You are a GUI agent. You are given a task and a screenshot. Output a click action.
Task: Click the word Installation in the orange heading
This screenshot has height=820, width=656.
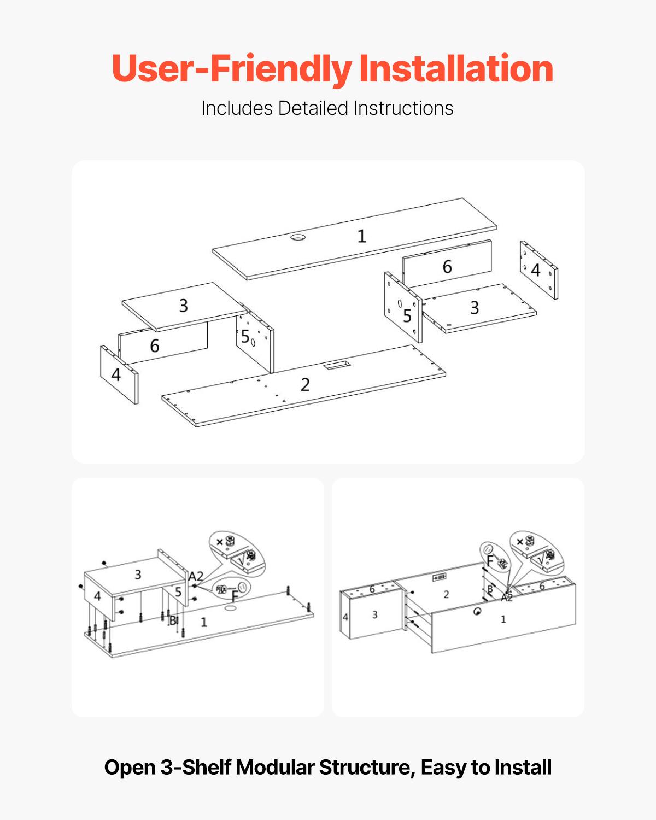pyautogui.click(x=456, y=69)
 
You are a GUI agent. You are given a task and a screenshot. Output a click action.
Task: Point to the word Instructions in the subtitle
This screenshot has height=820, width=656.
pyautogui.click(x=403, y=108)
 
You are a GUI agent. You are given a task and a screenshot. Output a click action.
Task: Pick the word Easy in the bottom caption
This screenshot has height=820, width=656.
pyautogui.click(x=443, y=768)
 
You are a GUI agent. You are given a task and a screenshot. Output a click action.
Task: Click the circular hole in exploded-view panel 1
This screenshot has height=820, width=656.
pyautogui.click(x=298, y=238)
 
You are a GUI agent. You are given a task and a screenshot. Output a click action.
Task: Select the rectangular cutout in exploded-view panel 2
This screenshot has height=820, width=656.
pyautogui.click(x=334, y=365)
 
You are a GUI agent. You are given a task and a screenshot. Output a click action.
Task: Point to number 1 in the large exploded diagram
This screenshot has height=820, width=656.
pyautogui.click(x=361, y=236)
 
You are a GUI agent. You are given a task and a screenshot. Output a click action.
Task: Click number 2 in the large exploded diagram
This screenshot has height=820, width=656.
pyautogui.click(x=305, y=385)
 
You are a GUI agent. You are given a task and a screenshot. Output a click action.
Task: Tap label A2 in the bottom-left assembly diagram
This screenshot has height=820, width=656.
pyautogui.click(x=196, y=576)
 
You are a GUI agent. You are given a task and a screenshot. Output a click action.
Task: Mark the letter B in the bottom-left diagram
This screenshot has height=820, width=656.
pyautogui.click(x=173, y=620)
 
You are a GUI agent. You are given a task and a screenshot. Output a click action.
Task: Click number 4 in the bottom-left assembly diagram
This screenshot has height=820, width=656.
pyautogui.click(x=97, y=596)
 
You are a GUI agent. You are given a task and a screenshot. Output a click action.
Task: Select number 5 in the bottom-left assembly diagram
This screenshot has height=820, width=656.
pyautogui.click(x=178, y=592)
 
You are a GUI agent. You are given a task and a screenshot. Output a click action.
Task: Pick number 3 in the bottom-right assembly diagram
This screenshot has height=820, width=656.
pyautogui.click(x=375, y=615)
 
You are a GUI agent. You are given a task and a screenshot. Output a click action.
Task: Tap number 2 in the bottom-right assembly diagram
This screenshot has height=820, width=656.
pyautogui.click(x=446, y=594)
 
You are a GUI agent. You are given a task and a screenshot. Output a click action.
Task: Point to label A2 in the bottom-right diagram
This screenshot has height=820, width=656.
pyautogui.click(x=507, y=597)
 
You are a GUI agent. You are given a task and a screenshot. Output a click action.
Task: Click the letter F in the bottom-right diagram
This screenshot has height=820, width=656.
pyautogui.click(x=490, y=561)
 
